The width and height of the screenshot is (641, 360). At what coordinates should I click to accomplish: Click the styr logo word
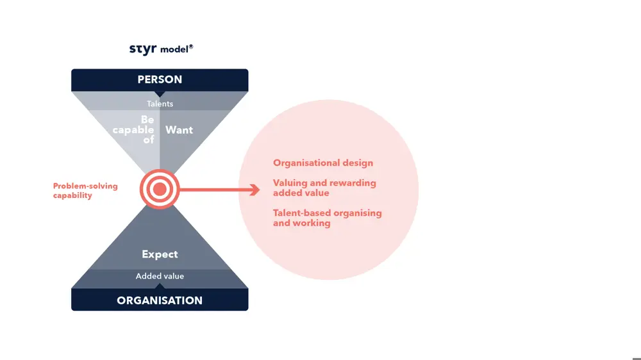point(143,49)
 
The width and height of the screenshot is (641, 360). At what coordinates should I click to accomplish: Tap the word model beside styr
point(174,50)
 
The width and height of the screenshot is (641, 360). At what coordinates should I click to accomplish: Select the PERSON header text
point(160,79)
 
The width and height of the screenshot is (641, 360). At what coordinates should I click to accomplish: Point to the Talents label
point(160,104)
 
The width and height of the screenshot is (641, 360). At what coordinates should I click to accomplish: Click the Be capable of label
point(133,130)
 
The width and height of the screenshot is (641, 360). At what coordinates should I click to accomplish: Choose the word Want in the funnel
point(179,130)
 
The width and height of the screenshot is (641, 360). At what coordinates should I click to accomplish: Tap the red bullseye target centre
point(160,189)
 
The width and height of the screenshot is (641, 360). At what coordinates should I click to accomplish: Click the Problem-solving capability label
point(85,191)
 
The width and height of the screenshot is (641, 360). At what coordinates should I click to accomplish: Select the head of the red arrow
point(255,190)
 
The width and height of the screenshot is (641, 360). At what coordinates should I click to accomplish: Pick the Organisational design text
point(323,163)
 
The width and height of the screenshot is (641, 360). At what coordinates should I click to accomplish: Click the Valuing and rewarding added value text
point(324,188)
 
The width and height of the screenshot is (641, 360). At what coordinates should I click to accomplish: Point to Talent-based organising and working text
point(328,218)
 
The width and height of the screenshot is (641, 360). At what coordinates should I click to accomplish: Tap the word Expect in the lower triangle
point(160,254)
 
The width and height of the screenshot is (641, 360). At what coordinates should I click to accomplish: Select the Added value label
point(160,276)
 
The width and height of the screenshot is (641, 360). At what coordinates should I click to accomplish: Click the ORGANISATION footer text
point(160,301)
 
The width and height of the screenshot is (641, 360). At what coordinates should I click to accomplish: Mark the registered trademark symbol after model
point(191,47)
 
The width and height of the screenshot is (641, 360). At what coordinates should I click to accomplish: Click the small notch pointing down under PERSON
point(160,94)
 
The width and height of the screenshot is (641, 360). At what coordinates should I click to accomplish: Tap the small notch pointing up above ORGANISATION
point(160,286)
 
